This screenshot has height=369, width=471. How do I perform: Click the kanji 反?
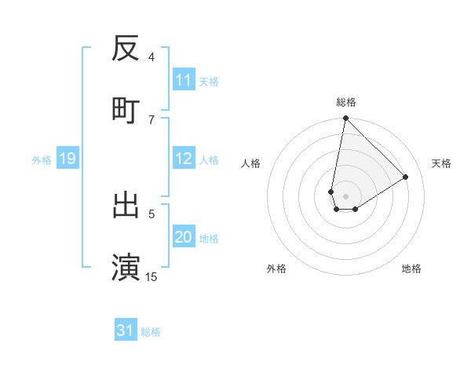tap(126, 49)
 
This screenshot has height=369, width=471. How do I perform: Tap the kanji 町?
tap(126, 109)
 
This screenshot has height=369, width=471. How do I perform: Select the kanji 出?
tap(126, 205)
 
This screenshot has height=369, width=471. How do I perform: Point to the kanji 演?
tap(126, 266)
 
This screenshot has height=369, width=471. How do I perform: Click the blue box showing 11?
tap(184, 80)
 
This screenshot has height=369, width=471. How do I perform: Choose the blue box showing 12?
tap(184, 159)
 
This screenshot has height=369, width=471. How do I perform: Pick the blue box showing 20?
tap(184, 237)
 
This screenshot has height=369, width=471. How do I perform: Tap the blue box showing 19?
tap(67, 159)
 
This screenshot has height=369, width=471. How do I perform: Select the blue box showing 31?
tap(126, 331)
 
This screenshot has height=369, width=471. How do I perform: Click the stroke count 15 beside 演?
tap(152, 276)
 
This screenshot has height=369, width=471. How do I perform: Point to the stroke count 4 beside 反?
tap(152, 57)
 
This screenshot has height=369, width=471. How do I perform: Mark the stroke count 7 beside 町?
tap(152, 119)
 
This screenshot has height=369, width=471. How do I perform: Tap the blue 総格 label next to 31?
tap(151, 332)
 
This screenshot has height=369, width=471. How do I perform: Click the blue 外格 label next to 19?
tap(42, 160)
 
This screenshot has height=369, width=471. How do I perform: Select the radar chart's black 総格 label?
tap(346, 102)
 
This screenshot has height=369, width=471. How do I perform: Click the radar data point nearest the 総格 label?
tap(345, 119)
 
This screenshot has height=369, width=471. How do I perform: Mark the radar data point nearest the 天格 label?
tap(406, 177)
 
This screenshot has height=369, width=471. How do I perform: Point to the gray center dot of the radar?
tap(345, 195)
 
